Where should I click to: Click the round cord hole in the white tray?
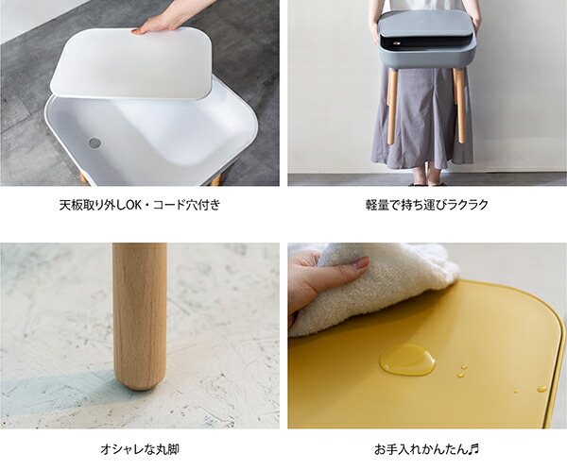click(94, 143)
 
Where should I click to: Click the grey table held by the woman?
click(425, 42)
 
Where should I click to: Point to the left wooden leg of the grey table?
click(391, 104)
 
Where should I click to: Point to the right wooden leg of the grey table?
click(460, 104)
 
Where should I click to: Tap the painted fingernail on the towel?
click(361, 264)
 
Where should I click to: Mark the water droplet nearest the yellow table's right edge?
click(541, 388)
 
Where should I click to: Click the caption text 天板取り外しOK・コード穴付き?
click(139, 205)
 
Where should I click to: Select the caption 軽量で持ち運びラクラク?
click(426, 205)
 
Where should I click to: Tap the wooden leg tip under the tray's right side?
click(216, 178)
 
